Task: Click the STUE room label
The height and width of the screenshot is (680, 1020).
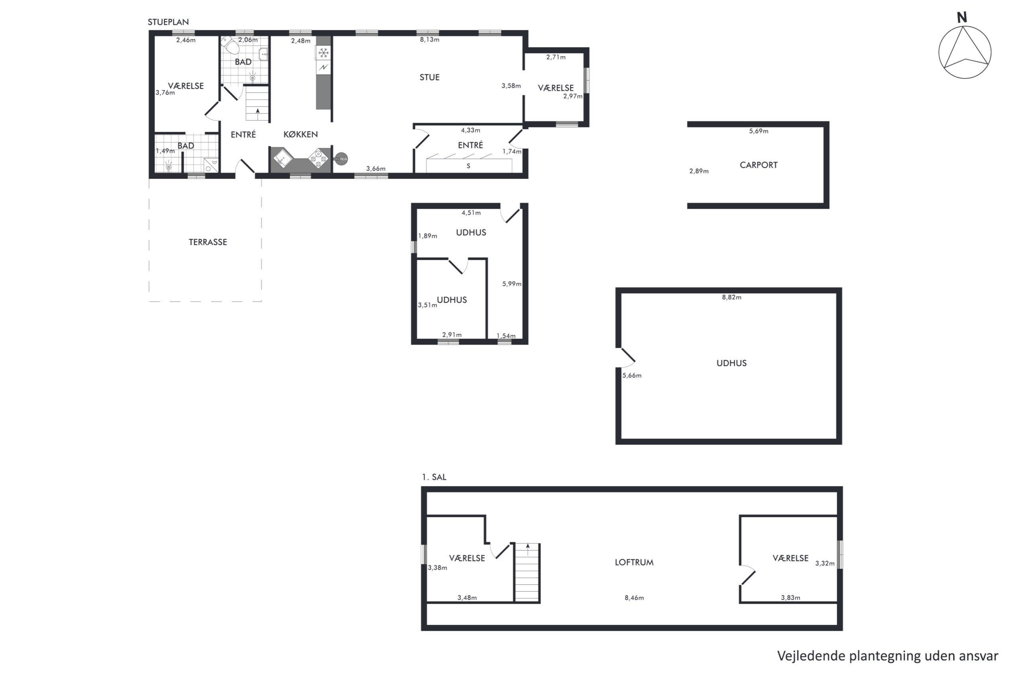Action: pos(430,77)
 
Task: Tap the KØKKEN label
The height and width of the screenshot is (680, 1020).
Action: pos(300,134)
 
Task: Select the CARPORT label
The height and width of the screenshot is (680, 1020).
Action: pos(759,165)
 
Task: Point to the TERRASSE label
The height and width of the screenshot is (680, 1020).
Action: pos(208,242)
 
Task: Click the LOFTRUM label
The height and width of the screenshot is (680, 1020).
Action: pos(634,562)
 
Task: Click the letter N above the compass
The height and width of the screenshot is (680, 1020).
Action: pos(962,18)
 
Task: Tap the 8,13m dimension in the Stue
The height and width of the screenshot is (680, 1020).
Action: pos(430,39)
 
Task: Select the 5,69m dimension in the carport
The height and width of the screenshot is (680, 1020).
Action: pos(759,131)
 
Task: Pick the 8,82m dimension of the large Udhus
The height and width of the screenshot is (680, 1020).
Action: pos(732,297)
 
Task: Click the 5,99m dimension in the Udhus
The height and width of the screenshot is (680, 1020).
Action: pos(512,284)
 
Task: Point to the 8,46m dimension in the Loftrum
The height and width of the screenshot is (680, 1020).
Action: pos(634,598)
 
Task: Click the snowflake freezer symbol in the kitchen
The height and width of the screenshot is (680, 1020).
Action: pos(324,53)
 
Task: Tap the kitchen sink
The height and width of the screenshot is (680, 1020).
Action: pos(283,158)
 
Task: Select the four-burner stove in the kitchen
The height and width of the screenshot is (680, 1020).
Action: pos(319,158)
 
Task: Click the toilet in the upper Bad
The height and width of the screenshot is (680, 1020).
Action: pos(230,44)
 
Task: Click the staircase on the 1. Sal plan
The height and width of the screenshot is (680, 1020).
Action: pos(527,572)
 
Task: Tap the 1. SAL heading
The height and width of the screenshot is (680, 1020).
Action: pos(434,477)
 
